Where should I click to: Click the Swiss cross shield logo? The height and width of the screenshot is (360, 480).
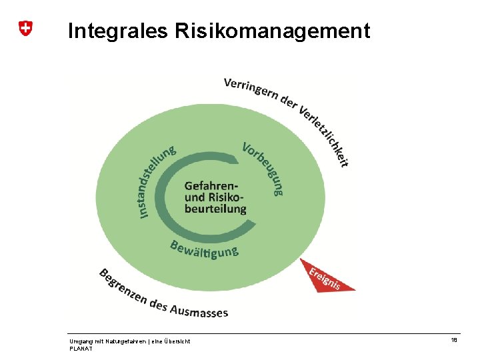pos(25,28)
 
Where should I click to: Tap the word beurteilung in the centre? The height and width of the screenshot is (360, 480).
pos(215,208)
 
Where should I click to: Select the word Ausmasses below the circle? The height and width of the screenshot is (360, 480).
pos(199,310)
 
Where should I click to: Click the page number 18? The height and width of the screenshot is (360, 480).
pos(454,340)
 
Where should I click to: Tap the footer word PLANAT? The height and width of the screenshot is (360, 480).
pos(80,348)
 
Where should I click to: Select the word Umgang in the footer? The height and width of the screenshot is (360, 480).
pos(80,341)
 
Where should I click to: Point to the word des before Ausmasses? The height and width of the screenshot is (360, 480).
pos(159,305)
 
